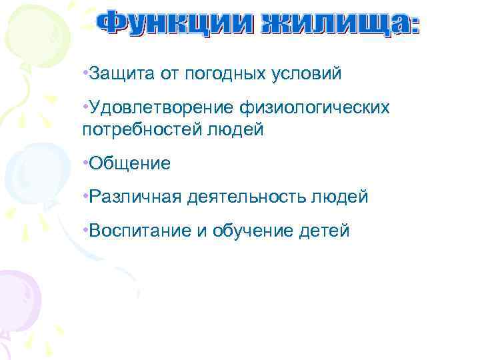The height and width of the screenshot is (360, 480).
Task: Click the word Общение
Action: coord(129,163)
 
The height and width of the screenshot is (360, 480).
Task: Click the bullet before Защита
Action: coord(85,71)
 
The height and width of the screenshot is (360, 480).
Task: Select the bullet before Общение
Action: coord(85,161)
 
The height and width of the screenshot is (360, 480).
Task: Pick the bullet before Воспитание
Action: coord(85,229)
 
